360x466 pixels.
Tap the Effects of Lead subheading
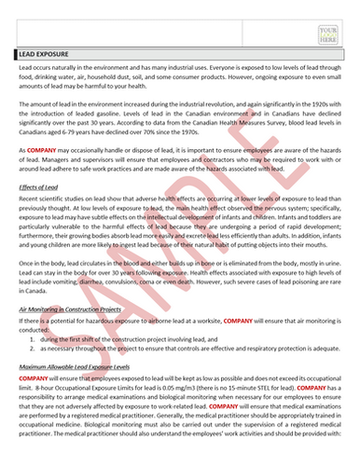pos(40,187)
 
